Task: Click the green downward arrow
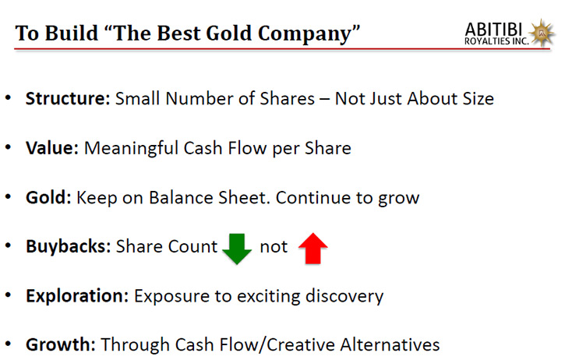(x=237, y=249)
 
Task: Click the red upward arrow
(x=313, y=249)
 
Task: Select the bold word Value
(x=52, y=148)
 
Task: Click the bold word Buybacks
(x=68, y=247)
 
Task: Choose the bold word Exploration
(x=77, y=296)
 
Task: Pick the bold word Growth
(x=61, y=344)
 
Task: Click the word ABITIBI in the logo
(x=493, y=30)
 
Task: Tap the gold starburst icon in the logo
(x=542, y=33)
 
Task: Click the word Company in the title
(x=305, y=34)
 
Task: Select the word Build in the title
(x=72, y=34)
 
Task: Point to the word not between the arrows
(x=274, y=247)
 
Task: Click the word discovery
(x=344, y=297)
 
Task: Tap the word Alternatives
(x=390, y=344)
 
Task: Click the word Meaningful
(x=131, y=149)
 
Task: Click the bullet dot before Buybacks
(x=9, y=245)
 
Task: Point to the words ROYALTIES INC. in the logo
(x=496, y=41)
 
